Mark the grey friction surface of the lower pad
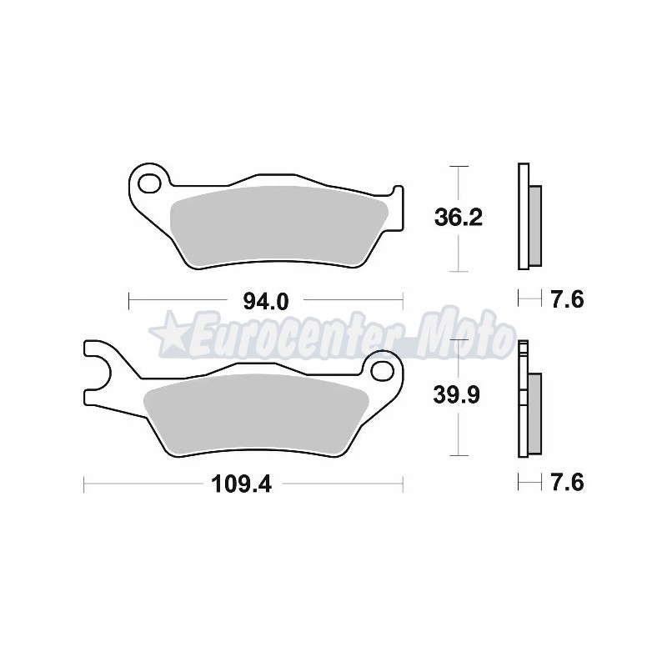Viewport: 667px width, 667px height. pos(250,409)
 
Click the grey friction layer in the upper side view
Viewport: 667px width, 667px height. pos(534,221)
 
